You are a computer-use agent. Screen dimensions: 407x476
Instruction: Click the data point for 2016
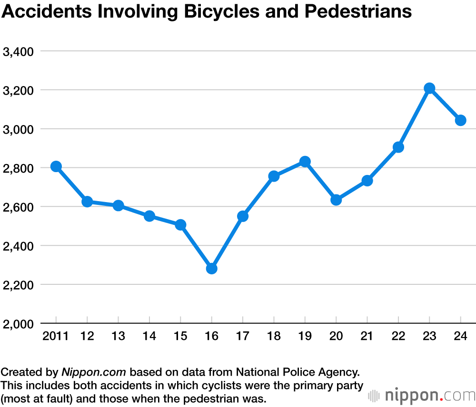212,269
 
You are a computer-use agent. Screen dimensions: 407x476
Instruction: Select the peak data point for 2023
429,88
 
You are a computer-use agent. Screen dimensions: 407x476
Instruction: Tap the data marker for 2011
56,166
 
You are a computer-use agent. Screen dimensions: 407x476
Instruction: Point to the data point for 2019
305,162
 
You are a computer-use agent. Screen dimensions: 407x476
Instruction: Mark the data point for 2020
336,200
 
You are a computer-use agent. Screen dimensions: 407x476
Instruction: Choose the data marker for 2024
460,120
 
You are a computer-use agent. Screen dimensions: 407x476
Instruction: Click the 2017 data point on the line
243,216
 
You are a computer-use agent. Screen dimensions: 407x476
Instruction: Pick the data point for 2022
398,147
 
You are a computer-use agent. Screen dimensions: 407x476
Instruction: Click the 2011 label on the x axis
56,337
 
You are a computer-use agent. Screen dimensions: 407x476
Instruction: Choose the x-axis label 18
274,337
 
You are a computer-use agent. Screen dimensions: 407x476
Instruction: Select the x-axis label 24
460,337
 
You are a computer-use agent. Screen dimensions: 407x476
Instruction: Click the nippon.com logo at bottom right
422,396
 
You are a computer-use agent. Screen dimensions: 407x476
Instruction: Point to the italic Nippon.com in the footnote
94,371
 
